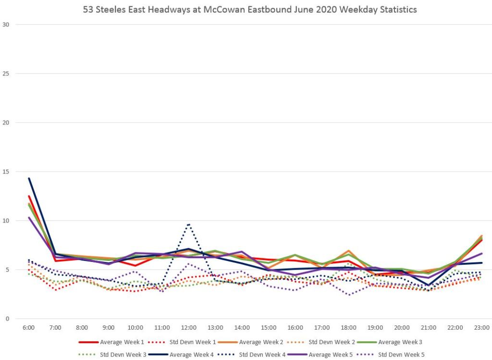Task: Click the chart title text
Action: (x=246, y=9)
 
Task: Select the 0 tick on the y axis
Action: (x=7, y=319)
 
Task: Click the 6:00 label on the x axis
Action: (x=29, y=328)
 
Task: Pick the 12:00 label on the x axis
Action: (x=189, y=328)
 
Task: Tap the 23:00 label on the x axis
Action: (x=482, y=328)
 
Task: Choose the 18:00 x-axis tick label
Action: (x=348, y=328)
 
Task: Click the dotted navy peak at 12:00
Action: (x=189, y=224)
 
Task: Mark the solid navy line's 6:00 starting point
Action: (x=29, y=178)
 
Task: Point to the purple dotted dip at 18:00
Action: (x=348, y=295)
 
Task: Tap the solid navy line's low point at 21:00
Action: (x=429, y=285)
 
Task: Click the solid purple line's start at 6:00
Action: (x=29, y=218)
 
